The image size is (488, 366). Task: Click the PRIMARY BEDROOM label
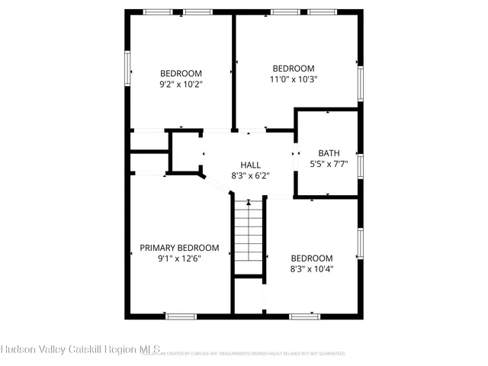pos(179,248)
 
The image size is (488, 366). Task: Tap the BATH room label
pos(329,152)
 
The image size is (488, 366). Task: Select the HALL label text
pos(250,165)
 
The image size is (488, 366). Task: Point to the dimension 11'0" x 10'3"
pos(293,79)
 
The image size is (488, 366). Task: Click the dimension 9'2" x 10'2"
pos(181,85)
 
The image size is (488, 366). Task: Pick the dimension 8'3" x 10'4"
pos(311,268)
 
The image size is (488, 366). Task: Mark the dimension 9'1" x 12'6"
pos(179,258)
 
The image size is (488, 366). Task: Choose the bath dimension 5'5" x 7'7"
pos(329,162)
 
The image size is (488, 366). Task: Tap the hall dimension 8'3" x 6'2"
pos(250,175)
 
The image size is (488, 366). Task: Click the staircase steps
pos(249,237)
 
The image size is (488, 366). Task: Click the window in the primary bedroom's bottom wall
pos(181,315)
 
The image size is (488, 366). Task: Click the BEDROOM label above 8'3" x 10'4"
pos(311,258)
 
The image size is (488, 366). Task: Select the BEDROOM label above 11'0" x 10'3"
pos(293,68)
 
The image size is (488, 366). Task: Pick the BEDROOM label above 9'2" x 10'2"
pos(181,74)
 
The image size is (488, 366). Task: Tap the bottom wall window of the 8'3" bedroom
pos(303,315)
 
